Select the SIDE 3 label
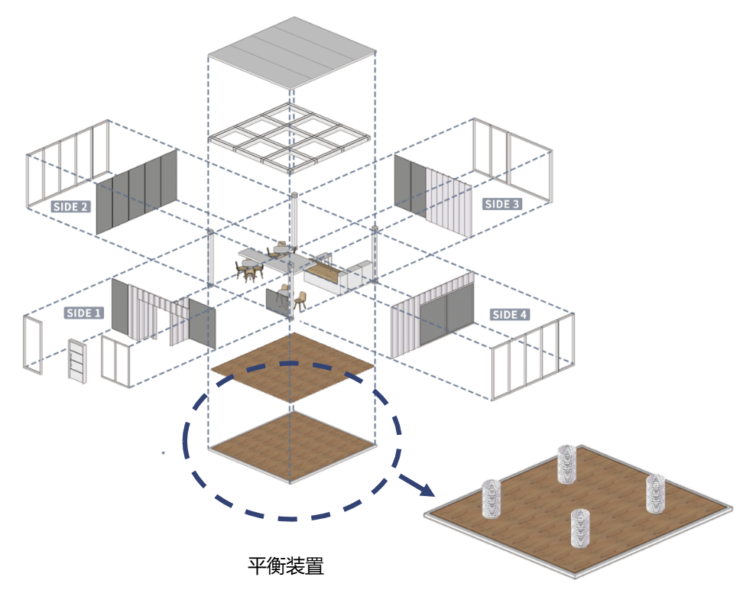tap(502, 204)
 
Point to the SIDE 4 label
tap(510, 315)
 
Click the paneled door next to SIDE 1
tap(77, 361)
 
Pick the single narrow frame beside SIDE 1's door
tap(34, 345)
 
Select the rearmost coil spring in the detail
tap(566, 464)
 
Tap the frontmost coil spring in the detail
tap(581, 528)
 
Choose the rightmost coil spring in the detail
tap(655, 493)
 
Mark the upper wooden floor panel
tap(293, 367)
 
